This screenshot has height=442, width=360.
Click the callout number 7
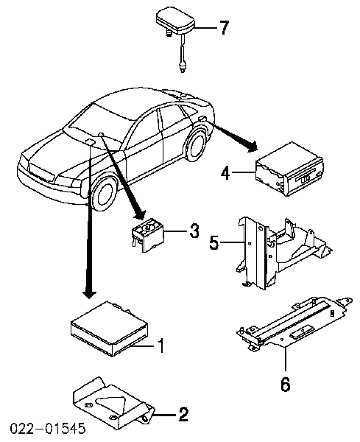tap(223, 27)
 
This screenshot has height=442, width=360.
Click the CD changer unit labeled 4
tap(289, 169)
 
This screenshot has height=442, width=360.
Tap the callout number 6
tap(285, 384)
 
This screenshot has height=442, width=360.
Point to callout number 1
tap(160, 345)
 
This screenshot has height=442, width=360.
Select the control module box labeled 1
tap(110, 329)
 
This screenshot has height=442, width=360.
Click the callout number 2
tap(183, 414)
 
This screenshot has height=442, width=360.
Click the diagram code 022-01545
tap(48, 428)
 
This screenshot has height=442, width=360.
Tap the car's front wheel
tap(105, 194)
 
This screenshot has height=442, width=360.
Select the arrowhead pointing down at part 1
tap(90, 293)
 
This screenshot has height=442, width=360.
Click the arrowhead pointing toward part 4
tap(252, 146)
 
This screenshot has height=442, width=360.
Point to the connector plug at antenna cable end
tap(183, 68)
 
